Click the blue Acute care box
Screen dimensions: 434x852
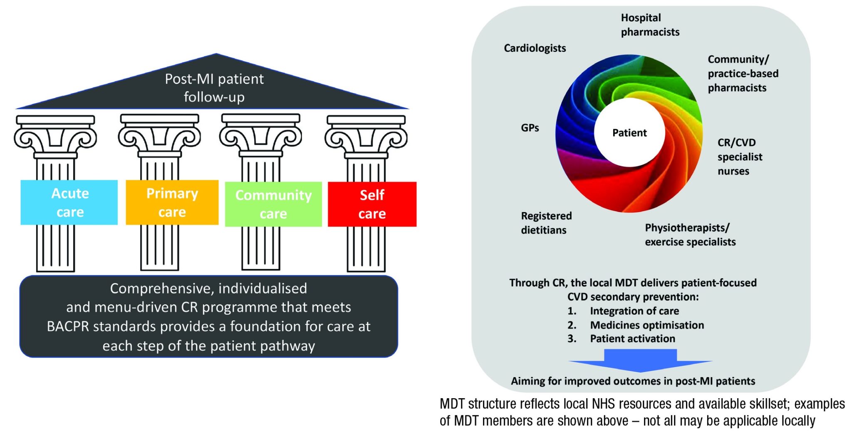69,202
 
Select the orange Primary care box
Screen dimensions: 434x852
172,202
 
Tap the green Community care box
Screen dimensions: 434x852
273,204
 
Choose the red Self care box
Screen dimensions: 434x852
372,204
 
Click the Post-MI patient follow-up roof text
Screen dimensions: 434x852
214,88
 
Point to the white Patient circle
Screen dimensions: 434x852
629,133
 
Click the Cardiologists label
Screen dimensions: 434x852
535,48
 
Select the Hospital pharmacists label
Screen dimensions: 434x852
649,25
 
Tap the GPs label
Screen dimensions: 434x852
530,128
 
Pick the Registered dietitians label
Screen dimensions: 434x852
546,223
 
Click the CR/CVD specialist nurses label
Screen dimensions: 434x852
739,157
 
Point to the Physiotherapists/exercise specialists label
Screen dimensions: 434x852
690,235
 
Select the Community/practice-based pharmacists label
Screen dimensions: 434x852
743,74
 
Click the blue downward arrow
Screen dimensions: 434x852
640,360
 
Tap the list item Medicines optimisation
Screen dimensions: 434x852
646,325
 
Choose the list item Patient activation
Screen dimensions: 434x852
632,339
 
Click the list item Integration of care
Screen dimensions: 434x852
634,311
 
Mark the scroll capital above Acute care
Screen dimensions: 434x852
55,137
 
